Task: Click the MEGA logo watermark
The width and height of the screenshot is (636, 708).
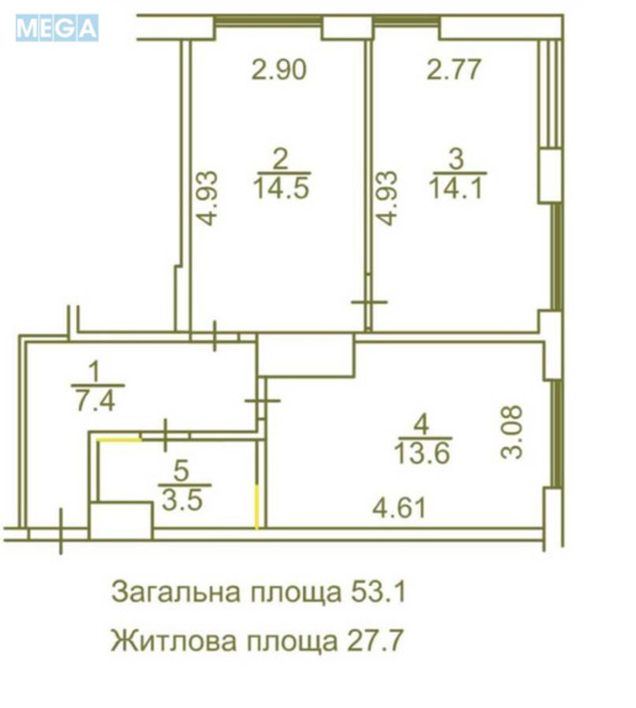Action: pos(56,28)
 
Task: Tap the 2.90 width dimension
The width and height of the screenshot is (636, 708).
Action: pos(279,70)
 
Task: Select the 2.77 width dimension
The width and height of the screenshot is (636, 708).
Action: pos(454,70)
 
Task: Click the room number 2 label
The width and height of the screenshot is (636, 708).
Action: pos(281,159)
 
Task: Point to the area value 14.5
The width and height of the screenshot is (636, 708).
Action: pos(281,188)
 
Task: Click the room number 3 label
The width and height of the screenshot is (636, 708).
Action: pos(456,159)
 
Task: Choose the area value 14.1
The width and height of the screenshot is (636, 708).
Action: pos(456,188)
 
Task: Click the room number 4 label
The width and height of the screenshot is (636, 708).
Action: pos(422,424)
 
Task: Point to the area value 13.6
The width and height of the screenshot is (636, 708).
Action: pos(423,453)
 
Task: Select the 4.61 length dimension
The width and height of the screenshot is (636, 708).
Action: pos(399,508)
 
